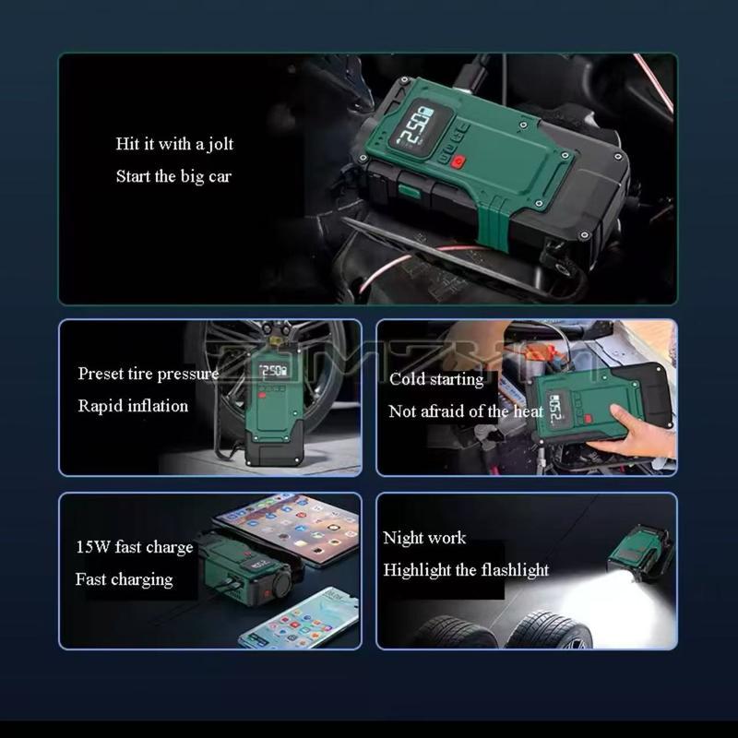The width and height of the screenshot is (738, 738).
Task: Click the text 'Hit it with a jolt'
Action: pos(174,144)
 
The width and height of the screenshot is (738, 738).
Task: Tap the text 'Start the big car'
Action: pos(173,176)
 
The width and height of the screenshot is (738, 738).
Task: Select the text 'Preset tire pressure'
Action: pos(148,374)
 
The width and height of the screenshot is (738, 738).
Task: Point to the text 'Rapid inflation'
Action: pos(133,406)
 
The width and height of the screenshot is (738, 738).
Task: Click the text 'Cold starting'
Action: pos(436,379)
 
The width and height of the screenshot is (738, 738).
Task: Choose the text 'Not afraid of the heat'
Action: pos(466,411)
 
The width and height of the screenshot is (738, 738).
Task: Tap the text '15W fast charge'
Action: pos(134,547)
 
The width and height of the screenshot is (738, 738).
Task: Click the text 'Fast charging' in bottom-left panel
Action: pos(124,579)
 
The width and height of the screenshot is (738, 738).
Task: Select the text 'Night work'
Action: pos(424,538)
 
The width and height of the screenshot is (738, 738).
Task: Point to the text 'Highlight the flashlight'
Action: pos(466,570)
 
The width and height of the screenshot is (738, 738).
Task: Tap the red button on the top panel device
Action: pos(458,165)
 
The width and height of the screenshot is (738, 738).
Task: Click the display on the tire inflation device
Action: pos(273,371)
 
